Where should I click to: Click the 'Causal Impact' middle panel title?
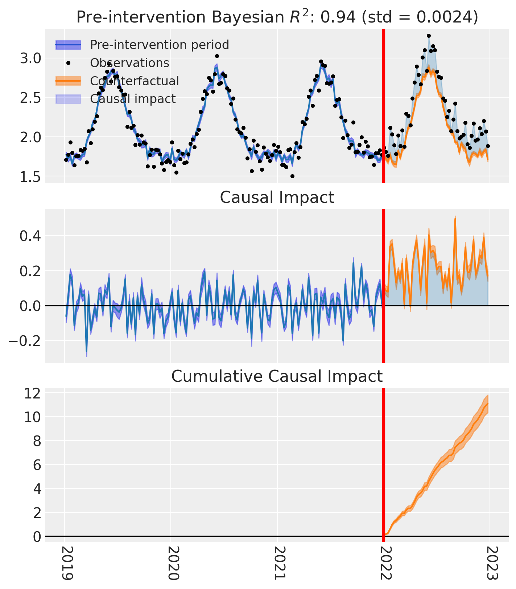pos(277,198)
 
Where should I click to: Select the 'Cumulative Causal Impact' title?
pos(277,376)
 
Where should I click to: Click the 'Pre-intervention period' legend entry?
pos(143,45)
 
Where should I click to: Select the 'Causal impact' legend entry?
pos(116,99)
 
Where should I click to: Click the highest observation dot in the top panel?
pos(429,36)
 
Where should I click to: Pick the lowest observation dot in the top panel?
pos(292,176)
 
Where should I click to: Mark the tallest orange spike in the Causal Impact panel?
pos(455,218)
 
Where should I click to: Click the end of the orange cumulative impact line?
pos(488,403)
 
